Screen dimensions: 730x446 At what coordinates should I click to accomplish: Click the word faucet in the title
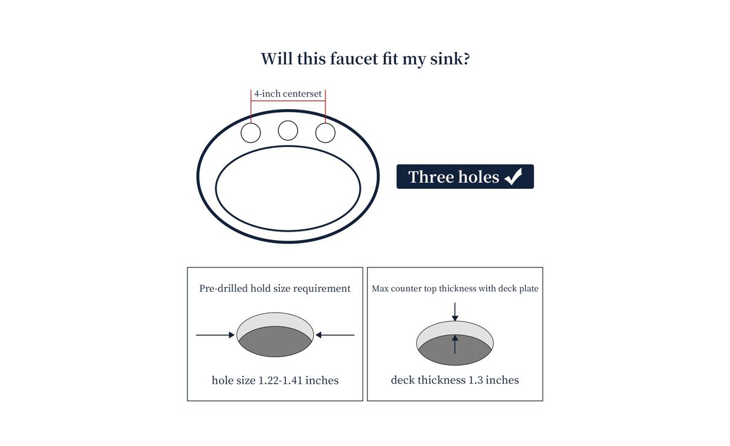tap(354, 58)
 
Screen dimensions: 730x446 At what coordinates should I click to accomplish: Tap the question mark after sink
tap(467, 58)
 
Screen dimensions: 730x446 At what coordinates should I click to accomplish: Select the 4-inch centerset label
tap(288, 94)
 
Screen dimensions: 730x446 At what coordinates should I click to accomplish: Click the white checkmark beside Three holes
tap(513, 177)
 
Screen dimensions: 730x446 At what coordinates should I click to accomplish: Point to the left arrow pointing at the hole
tap(215, 335)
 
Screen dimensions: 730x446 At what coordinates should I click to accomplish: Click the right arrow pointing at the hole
tap(335, 335)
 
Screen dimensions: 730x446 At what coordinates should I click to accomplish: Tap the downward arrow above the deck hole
tap(455, 312)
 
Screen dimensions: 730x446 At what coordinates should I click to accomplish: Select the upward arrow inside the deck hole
tap(455, 344)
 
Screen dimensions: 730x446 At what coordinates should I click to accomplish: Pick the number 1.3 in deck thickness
tap(476, 380)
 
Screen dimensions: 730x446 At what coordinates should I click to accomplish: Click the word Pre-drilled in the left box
tap(223, 288)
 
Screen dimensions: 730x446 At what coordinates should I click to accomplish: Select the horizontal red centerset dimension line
tap(288, 101)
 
